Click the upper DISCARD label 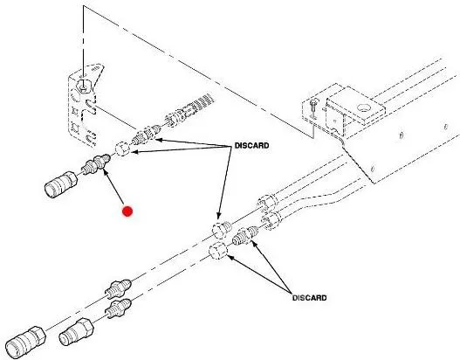(x=251, y=146)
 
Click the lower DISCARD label (x=309, y=298)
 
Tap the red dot (x=127, y=211)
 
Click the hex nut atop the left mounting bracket (x=84, y=86)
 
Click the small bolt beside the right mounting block (x=313, y=108)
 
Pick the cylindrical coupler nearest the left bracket (x=61, y=184)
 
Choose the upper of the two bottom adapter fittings (x=118, y=288)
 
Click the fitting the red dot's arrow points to (x=96, y=165)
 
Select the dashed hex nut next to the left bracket (x=122, y=149)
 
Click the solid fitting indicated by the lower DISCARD (x=245, y=236)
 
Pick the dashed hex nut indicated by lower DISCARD (x=218, y=251)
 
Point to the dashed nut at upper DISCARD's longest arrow (x=222, y=230)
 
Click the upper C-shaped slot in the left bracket (x=91, y=107)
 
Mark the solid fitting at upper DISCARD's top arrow (x=146, y=135)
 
